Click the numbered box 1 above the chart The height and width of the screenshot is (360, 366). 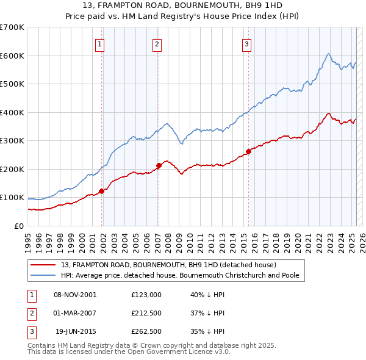point(99,44)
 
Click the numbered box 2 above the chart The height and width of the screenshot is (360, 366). point(157,44)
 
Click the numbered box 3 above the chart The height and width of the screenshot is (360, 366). point(246,44)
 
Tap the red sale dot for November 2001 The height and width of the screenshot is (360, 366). point(102,191)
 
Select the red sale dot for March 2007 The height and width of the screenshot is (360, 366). point(159,165)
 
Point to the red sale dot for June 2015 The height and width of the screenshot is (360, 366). point(248,151)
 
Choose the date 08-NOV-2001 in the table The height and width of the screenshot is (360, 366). point(75,294)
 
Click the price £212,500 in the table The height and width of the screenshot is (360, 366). point(146,313)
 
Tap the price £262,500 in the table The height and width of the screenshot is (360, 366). point(146,332)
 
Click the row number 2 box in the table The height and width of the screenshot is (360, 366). point(31,313)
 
